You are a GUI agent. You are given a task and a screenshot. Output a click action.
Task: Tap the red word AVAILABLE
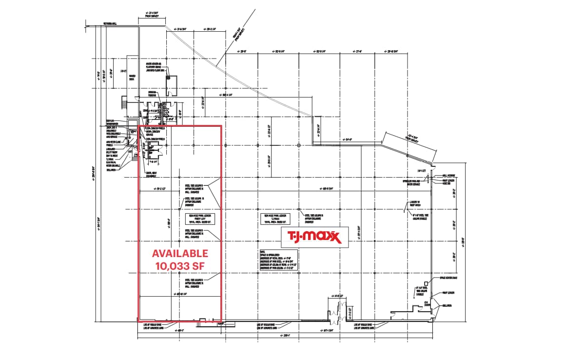(x=180, y=254)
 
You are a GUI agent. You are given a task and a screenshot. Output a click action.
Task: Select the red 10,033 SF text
(x=180, y=266)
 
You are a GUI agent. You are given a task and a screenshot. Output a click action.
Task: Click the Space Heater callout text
(x=448, y=278)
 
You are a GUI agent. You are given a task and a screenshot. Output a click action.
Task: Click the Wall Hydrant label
(x=448, y=175)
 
